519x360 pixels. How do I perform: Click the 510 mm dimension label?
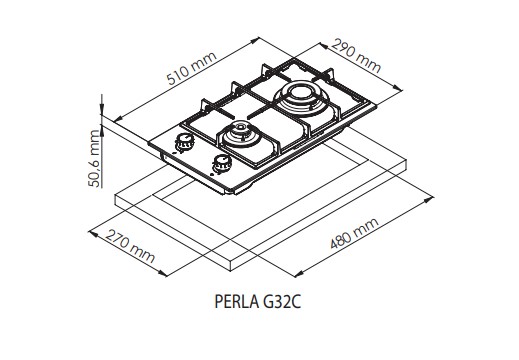pyautogui.click(x=192, y=68)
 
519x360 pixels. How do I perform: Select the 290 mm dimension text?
pyautogui.click(x=356, y=55)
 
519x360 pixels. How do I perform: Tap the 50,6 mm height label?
pyautogui.click(x=94, y=158)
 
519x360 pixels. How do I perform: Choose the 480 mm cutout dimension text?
pyautogui.click(x=354, y=233)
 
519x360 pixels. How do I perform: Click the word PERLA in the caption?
pyautogui.click(x=237, y=302)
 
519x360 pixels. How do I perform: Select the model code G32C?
pyautogui.click(x=282, y=302)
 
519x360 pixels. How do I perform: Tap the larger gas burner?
pyautogui.click(x=301, y=97)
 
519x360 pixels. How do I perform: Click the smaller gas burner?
pyautogui.click(x=239, y=135)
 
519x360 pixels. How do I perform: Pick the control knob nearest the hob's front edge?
pyautogui.click(x=222, y=163)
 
